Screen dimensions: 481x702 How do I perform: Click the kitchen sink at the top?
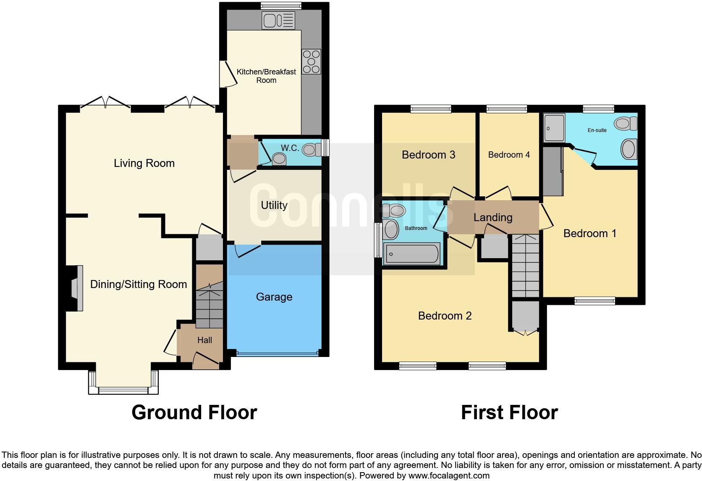[278, 20]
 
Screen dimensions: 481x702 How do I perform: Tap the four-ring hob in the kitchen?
[311, 62]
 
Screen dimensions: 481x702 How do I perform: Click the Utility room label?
[274, 205]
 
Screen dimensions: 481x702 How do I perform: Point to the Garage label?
[274, 297]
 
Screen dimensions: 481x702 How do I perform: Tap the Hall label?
[204, 340]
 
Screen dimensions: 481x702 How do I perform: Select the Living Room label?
[144, 163]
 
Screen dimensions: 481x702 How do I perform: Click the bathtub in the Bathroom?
[412, 254]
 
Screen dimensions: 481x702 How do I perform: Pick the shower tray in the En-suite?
[554, 127]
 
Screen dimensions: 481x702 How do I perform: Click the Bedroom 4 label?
[509, 155]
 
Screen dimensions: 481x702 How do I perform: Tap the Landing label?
[493, 217]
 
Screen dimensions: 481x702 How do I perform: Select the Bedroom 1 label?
[589, 233]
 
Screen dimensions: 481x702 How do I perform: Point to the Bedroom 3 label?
[428, 155]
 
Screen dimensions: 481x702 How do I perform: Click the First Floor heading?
[509, 412]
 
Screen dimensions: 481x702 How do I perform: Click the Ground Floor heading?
[194, 412]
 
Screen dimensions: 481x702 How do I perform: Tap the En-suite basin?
[629, 149]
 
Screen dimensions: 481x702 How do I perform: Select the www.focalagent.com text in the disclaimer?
[448, 476]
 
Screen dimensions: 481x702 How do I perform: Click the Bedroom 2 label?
[445, 316]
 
